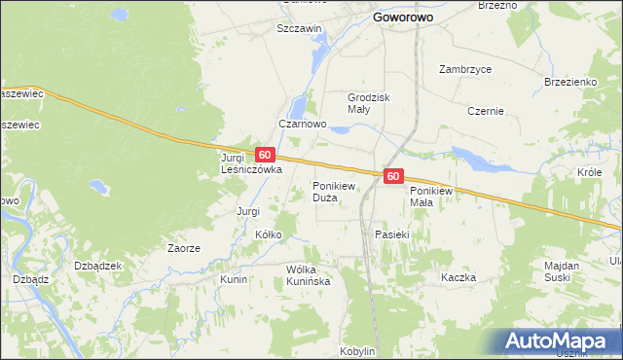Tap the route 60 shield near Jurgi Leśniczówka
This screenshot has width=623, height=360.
(x=265, y=155)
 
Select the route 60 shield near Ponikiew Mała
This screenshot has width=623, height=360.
(x=392, y=176)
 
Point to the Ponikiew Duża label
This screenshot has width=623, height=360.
(x=338, y=191)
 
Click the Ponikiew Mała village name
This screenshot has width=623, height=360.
(x=434, y=196)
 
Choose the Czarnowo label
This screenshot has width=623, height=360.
(x=301, y=125)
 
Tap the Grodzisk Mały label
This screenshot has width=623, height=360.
(x=367, y=103)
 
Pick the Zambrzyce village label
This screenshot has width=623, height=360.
(x=465, y=70)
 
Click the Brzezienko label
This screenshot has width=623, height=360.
(x=570, y=83)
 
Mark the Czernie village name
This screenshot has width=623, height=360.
(x=485, y=111)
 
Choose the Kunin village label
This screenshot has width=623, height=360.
(x=234, y=279)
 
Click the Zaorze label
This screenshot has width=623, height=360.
(x=183, y=248)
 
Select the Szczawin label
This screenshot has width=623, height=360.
(x=299, y=29)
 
